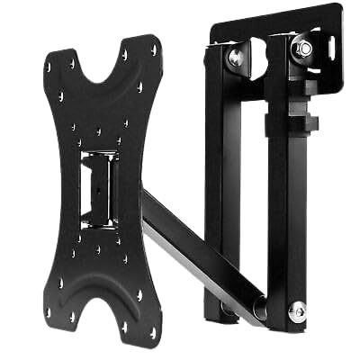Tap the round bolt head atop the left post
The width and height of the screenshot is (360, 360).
[236, 58]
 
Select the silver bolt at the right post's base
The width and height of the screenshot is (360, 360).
[296, 310]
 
